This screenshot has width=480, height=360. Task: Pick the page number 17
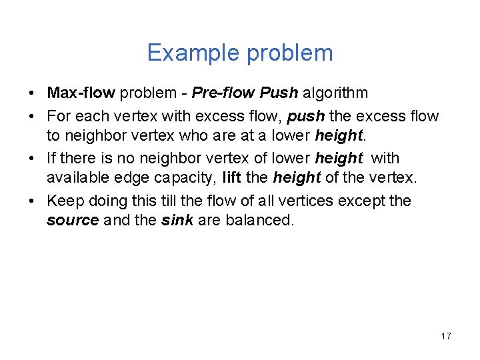click(446, 336)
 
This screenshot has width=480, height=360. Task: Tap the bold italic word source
click(73, 221)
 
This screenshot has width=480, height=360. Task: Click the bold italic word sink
click(177, 221)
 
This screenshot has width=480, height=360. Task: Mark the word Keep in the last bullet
click(62, 201)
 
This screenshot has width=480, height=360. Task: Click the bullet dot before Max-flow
click(34, 93)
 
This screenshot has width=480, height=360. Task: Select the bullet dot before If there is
click(34, 159)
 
